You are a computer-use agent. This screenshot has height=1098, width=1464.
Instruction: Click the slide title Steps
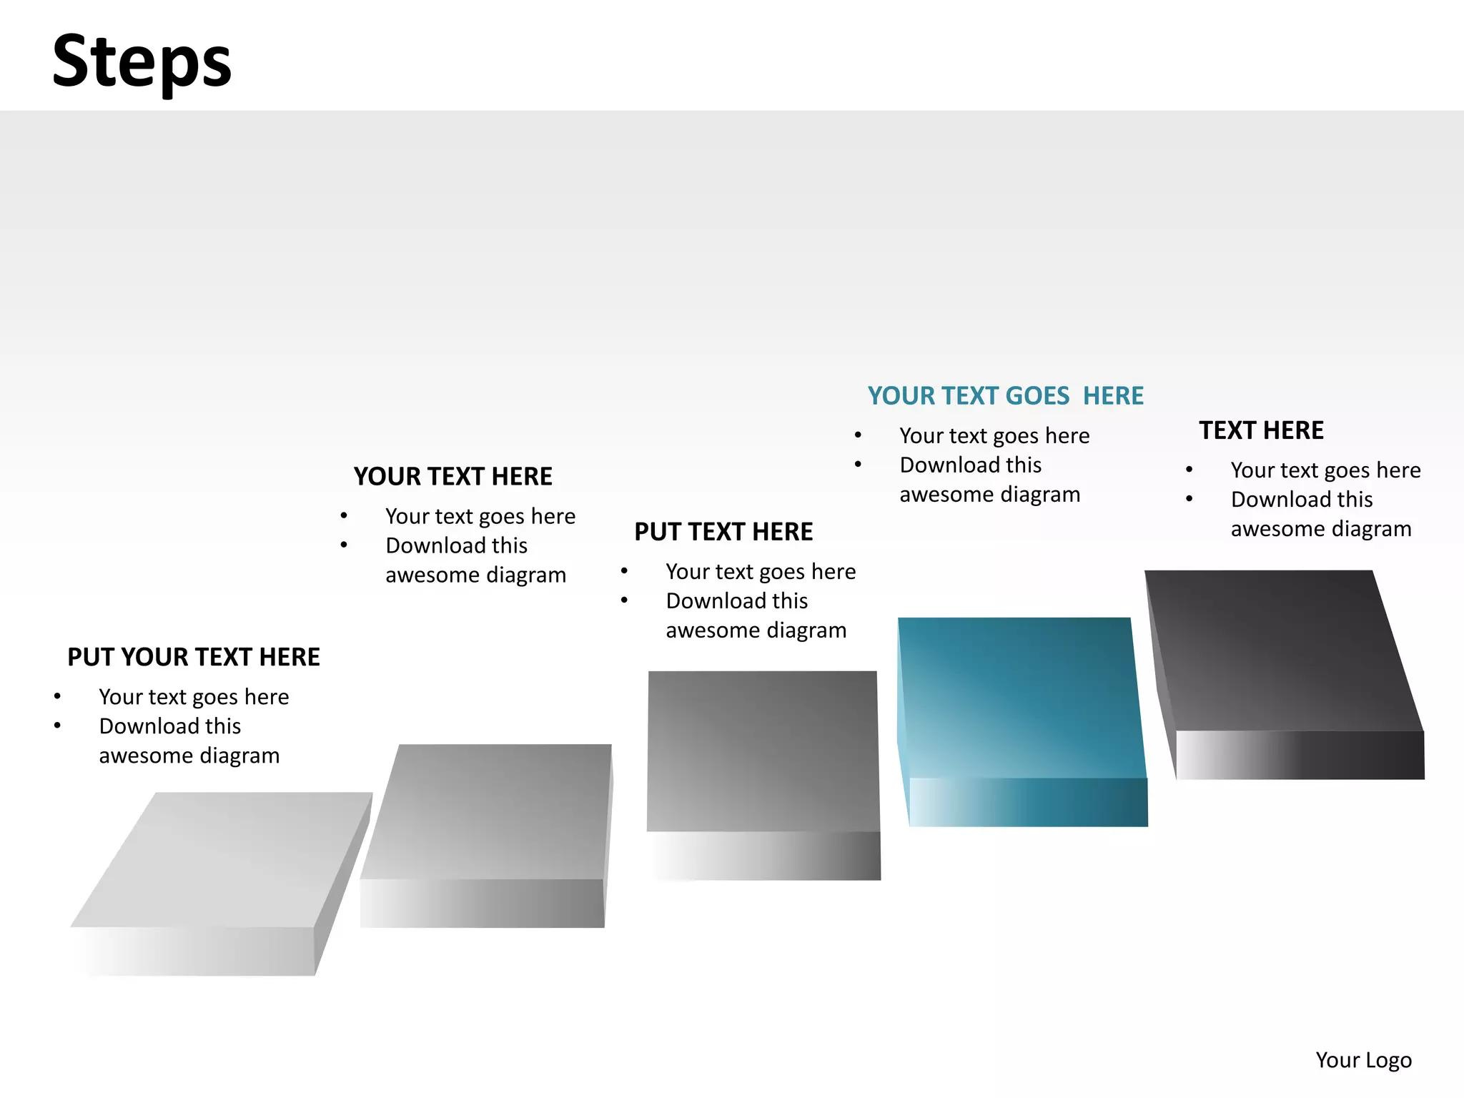pos(142,61)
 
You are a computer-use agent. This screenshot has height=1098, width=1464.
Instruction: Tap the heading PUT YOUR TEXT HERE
pos(193,657)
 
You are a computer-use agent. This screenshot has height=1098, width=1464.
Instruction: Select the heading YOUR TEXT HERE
pos(452,476)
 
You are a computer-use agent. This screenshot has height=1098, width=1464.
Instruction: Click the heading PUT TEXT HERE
pos(723,532)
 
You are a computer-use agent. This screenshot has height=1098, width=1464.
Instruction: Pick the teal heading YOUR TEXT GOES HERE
pos(1005,395)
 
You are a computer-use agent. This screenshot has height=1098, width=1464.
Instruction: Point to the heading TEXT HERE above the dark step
pos(1261,430)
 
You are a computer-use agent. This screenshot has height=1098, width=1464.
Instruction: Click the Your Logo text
pos(1363,1059)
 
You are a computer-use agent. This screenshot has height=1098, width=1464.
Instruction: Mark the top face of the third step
pos(763,751)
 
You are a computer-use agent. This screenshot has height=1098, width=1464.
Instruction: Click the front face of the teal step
pos(1028,802)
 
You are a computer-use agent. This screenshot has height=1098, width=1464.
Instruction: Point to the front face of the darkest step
pos(1300,755)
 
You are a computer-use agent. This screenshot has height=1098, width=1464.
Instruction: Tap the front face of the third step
pos(765,856)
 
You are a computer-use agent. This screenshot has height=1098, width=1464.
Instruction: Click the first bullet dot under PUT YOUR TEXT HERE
pos(57,696)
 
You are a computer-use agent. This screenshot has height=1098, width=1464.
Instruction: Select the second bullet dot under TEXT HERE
pos(1189,499)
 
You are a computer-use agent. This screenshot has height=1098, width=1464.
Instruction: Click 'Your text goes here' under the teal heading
pos(994,435)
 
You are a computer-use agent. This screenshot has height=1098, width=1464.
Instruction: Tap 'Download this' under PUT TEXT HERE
pos(736,600)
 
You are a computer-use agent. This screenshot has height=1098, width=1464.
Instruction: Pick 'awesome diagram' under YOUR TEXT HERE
pos(475,575)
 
